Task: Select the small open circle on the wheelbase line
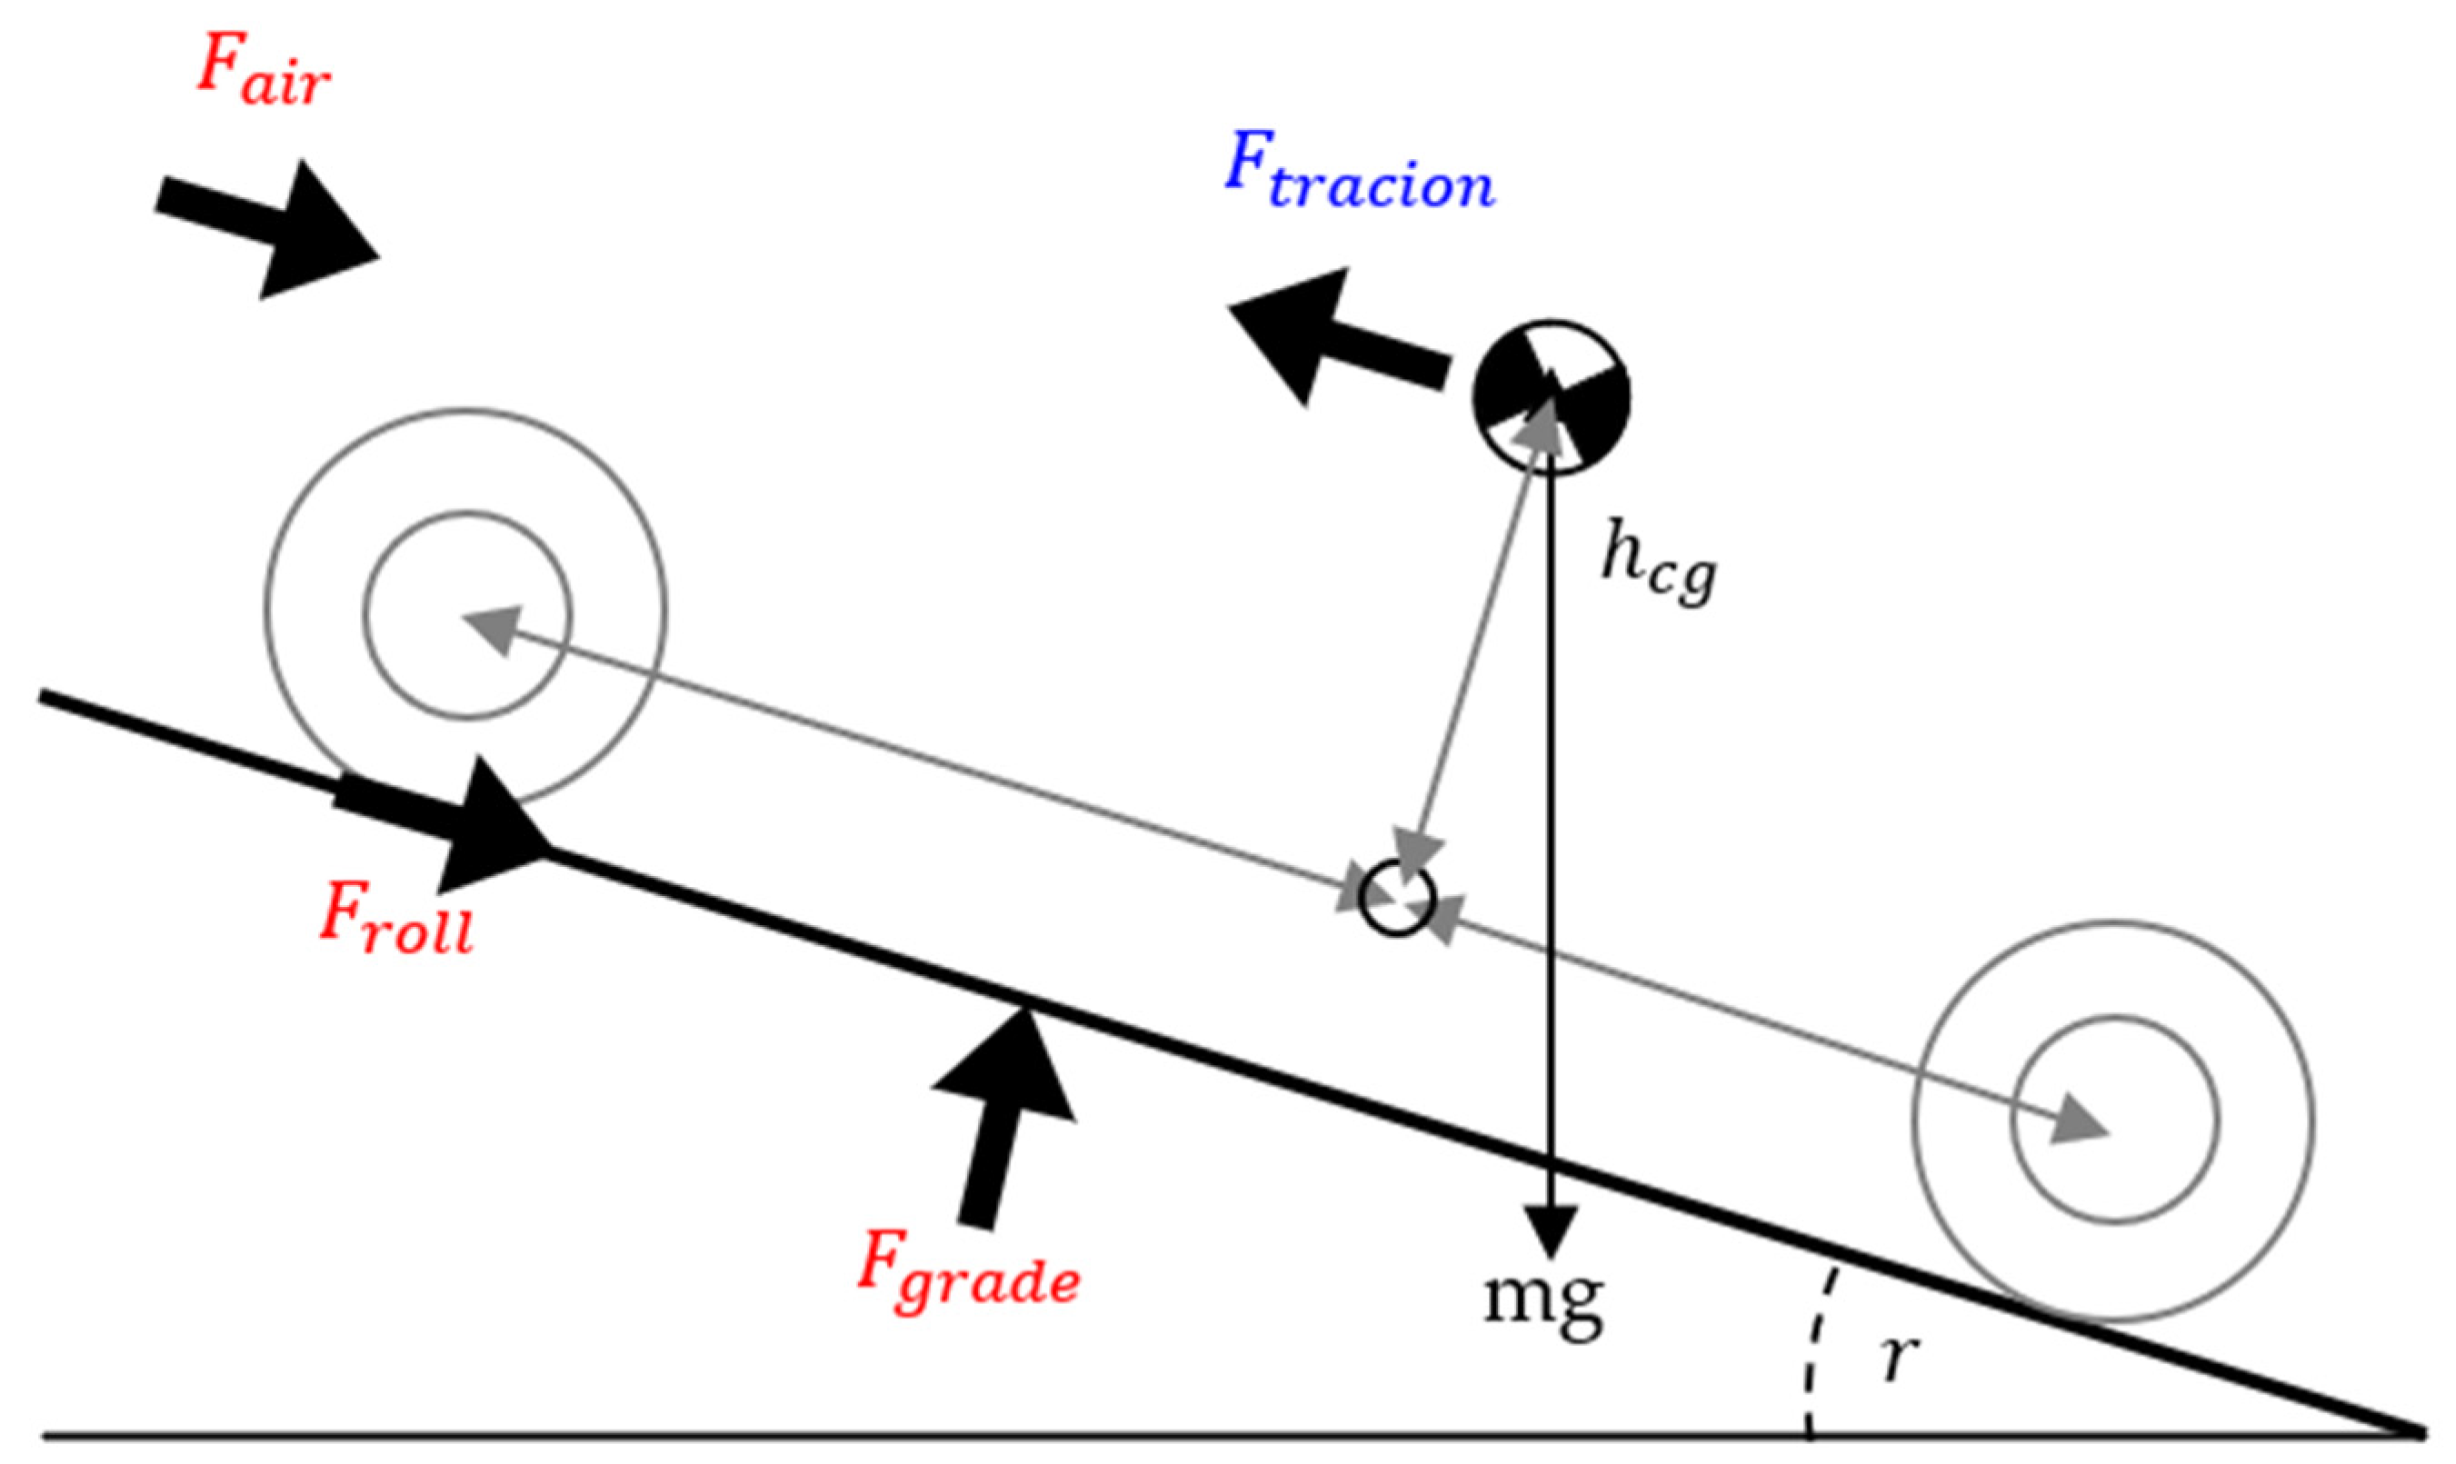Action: click(1396, 899)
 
